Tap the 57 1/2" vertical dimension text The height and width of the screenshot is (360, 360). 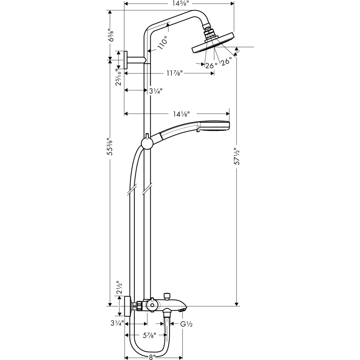click(237, 156)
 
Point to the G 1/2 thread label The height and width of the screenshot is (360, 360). click(187, 324)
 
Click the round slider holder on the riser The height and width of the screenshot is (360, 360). click(147, 143)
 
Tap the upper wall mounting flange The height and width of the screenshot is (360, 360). click(125, 60)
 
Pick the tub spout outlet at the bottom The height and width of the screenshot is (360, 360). click(182, 310)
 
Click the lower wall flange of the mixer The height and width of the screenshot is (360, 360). click(127, 306)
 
